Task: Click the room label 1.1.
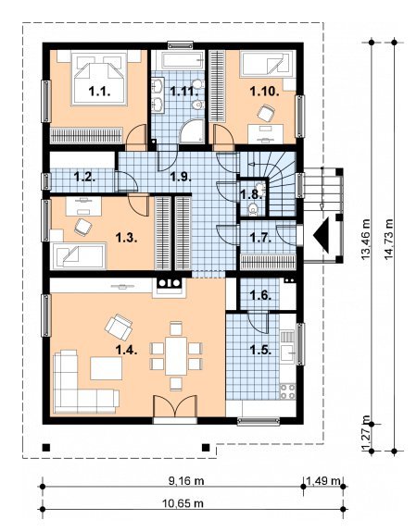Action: [x=99, y=92]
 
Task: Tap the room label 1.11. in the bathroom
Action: [x=183, y=92]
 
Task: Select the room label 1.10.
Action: [x=264, y=92]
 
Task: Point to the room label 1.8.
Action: [x=250, y=194]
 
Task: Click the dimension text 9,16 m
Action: [x=186, y=480]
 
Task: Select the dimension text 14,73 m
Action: [x=389, y=240]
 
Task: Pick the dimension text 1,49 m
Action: [x=323, y=480]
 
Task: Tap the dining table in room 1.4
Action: [x=176, y=355]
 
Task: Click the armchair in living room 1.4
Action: [x=119, y=328]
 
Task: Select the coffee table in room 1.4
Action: [x=107, y=368]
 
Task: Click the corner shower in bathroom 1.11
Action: [x=192, y=131]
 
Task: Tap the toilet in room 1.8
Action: [x=253, y=209]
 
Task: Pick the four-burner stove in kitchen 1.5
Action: [x=287, y=391]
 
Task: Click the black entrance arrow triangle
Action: [x=321, y=235]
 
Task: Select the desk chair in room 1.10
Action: [x=265, y=113]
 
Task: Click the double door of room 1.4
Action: [x=175, y=406]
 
